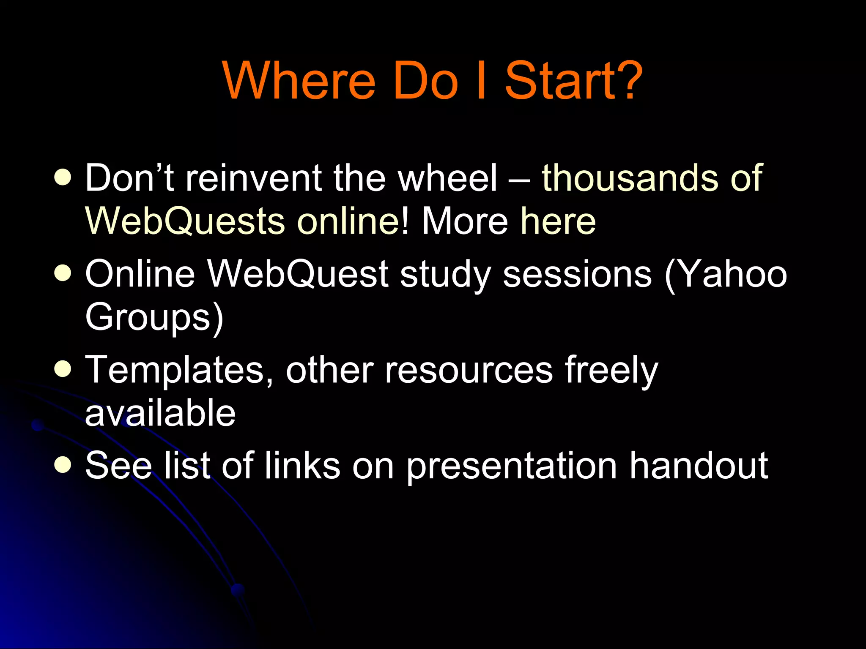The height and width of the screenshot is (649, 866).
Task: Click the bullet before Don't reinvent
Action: pos(63,178)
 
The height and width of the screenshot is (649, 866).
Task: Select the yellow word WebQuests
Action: pos(185,221)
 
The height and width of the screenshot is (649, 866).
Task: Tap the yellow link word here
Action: pos(558,221)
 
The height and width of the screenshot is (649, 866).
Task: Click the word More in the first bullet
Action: pos(465,221)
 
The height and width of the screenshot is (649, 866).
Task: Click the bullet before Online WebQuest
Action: pos(63,274)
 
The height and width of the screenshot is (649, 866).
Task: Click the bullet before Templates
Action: pos(63,370)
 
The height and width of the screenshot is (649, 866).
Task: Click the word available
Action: pos(160,413)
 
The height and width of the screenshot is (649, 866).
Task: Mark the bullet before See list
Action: pos(63,466)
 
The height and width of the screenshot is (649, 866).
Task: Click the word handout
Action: pos(699,466)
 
